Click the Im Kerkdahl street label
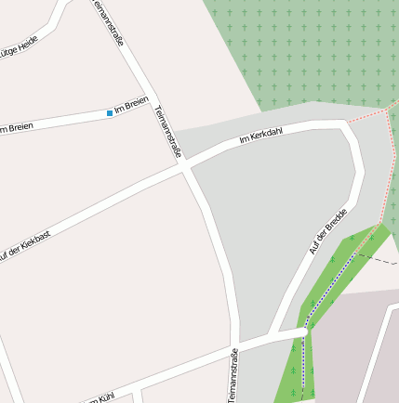[x=260, y=136]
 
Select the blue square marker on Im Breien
[x=110, y=113]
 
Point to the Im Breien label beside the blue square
[x=131, y=108]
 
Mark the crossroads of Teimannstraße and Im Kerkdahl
[x=186, y=167]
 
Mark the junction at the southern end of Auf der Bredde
[x=305, y=331]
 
